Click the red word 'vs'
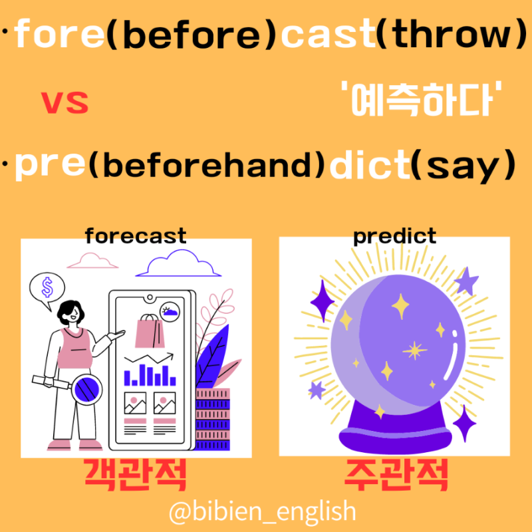[65, 103]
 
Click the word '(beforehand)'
[208, 168]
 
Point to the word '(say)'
[463, 168]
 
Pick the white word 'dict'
[368, 168]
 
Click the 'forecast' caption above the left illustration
[136, 235]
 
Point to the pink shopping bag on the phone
[148, 331]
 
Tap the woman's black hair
[68, 313]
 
